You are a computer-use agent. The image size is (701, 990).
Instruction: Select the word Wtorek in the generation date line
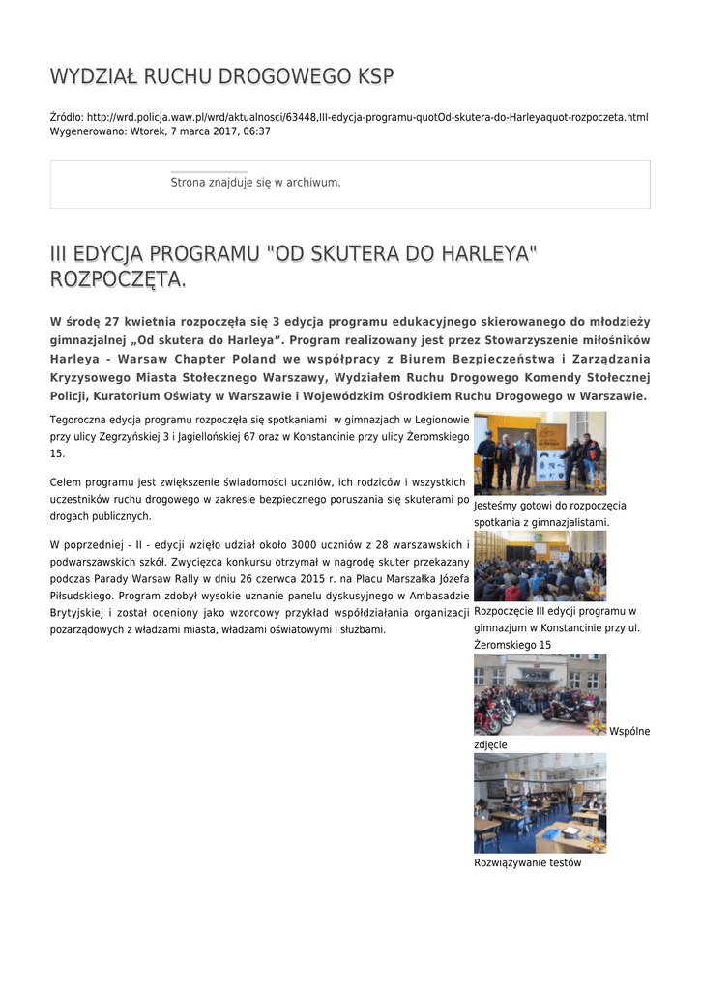coord(147,131)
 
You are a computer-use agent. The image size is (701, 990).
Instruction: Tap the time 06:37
coord(256,131)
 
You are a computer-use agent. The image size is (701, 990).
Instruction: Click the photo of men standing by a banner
coord(540,452)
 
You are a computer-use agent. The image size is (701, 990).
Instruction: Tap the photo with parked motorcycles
coord(540,694)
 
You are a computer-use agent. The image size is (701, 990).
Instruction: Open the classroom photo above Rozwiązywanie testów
coord(540,803)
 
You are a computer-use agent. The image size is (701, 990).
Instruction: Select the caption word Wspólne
coord(629,731)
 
